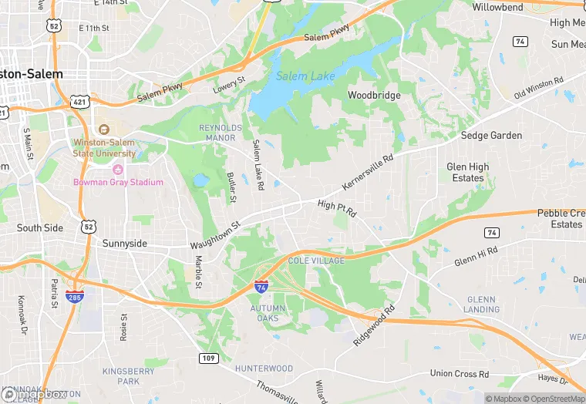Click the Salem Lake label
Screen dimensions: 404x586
[x=305, y=76]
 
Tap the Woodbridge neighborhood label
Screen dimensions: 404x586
[x=374, y=96]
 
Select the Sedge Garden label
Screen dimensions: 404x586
[x=491, y=136]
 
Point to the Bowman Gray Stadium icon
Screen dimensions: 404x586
[x=118, y=170]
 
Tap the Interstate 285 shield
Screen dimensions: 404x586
[x=74, y=296]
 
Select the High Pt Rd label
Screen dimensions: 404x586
[x=337, y=206]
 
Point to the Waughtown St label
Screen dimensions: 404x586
[x=216, y=235]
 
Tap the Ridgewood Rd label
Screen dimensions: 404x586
[x=375, y=325]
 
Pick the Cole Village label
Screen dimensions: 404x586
[x=315, y=261]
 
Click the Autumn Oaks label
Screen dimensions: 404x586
[x=268, y=313]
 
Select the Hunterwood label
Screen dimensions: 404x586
[x=264, y=369]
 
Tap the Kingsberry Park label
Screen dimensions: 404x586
[x=128, y=376]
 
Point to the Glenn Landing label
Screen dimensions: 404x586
[x=482, y=305]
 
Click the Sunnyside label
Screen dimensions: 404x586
[x=125, y=244]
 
